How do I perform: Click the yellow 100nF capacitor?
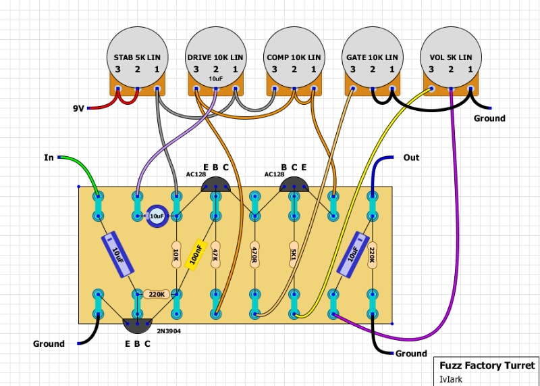(196, 255)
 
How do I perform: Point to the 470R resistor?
(255, 255)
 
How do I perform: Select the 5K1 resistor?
(294, 255)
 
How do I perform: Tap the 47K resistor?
(215, 255)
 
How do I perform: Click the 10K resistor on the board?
(176, 255)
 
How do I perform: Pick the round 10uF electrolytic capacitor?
(156, 216)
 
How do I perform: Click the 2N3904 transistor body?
(137, 325)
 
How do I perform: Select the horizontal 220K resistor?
(156, 295)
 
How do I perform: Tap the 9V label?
(79, 108)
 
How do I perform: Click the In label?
(49, 158)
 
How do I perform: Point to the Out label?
(410, 158)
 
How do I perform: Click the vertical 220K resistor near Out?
(372, 255)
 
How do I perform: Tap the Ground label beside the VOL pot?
(489, 118)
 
